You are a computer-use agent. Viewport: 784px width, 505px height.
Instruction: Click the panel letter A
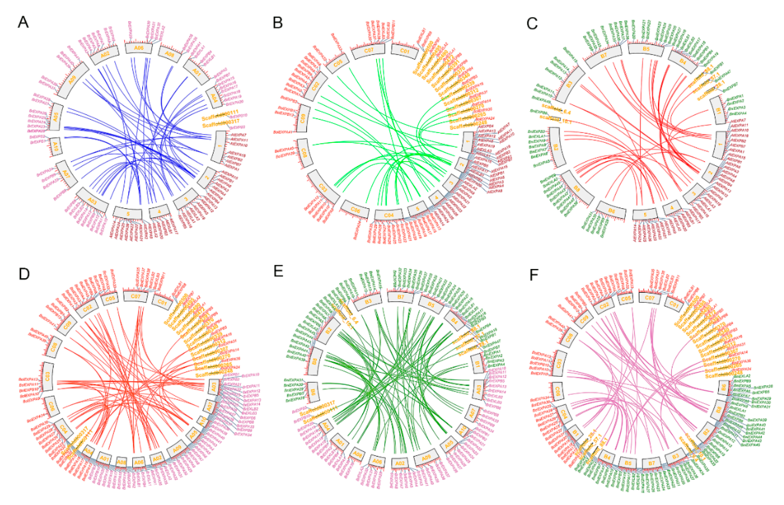23,23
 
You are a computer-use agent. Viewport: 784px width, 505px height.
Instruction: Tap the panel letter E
278,271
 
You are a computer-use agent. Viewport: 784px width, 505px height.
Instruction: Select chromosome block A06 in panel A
139,48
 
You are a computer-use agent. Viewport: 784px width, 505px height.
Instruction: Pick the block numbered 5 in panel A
128,213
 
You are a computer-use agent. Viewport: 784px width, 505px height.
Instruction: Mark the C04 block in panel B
389,215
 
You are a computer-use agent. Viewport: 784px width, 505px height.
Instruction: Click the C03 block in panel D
48,376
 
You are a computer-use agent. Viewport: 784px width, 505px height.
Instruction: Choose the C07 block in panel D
135,296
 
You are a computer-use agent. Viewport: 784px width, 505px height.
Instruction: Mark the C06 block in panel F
557,391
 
